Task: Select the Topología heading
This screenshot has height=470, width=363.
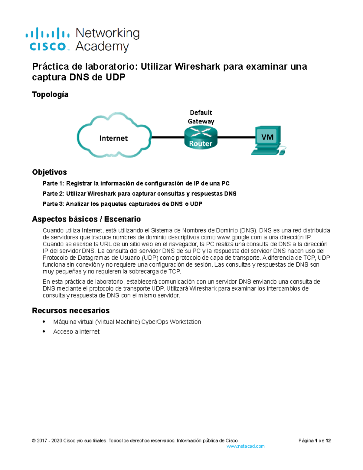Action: [50, 94]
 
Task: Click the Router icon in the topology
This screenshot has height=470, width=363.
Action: [201, 138]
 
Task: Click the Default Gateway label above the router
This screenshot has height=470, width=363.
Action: [201, 117]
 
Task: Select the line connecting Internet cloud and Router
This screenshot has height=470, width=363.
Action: [168, 137]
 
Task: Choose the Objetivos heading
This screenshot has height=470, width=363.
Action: [49, 172]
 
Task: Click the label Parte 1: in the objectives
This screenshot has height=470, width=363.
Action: [53, 183]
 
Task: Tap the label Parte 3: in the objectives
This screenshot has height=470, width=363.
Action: [53, 204]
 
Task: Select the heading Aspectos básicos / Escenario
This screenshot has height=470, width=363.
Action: [86, 219]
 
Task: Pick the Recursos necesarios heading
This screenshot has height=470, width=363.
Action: [71, 311]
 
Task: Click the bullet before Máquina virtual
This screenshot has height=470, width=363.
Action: [44, 322]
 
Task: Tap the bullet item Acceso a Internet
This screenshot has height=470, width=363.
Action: [76, 332]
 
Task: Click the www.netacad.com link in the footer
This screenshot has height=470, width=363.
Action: [245, 446]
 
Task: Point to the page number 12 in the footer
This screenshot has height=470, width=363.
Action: [328, 441]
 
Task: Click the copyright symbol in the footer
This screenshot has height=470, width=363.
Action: [34, 441]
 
